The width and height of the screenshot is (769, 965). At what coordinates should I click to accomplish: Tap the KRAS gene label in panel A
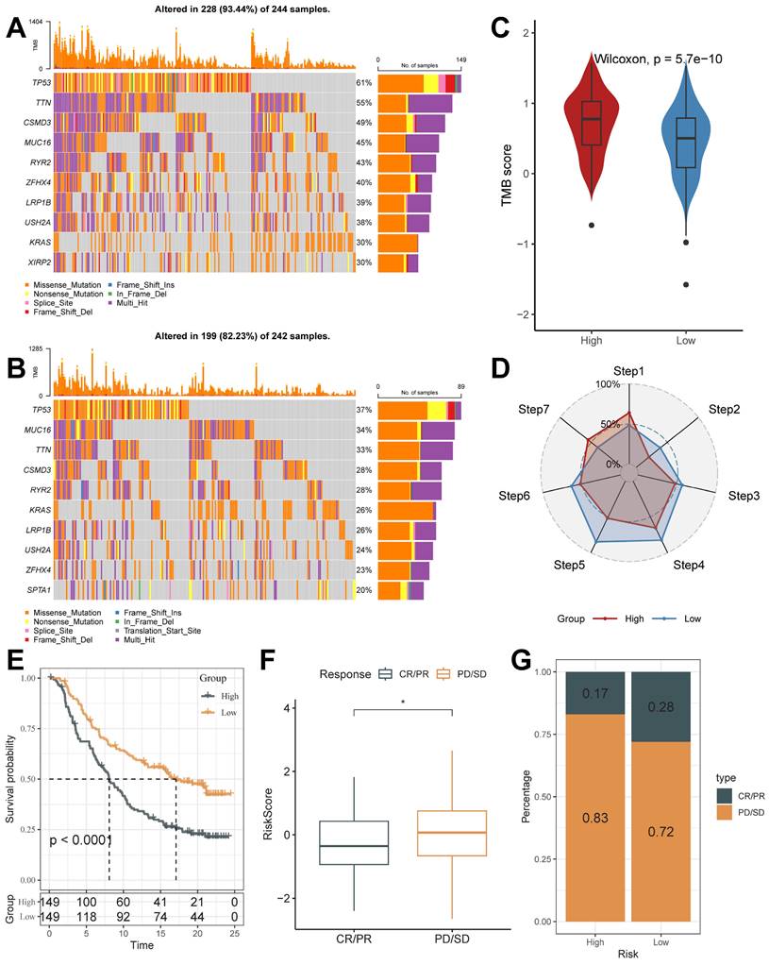pos(40,243)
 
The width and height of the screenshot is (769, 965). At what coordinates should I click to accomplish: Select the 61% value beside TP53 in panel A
pos(364,83)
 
